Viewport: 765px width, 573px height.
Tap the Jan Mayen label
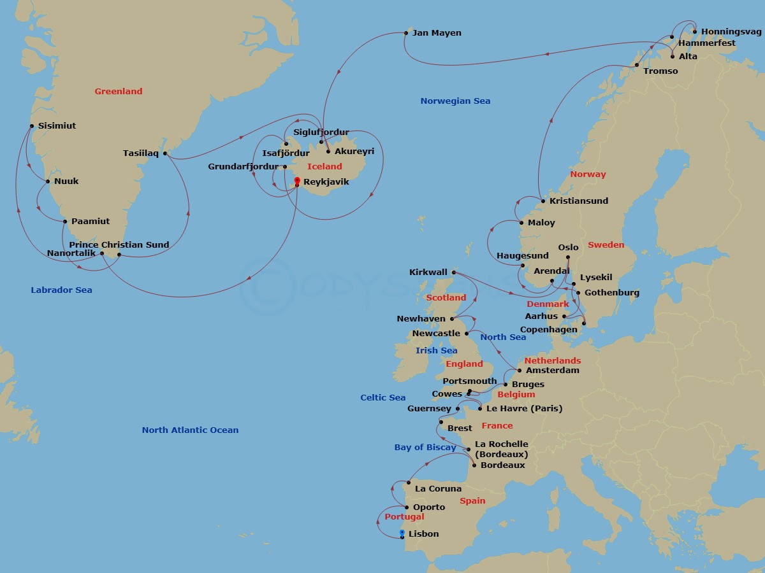click(437, 32)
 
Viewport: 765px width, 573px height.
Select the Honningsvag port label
click(731, 31)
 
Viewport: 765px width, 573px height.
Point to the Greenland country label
click(119, 91)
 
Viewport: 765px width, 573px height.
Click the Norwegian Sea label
click(455, 101)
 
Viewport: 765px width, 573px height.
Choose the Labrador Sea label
click(61, 290)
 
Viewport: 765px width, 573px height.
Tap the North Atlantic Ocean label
click(190, 430)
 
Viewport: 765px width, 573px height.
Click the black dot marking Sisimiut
click(32, 125)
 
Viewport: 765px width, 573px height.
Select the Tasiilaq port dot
click(165, 153)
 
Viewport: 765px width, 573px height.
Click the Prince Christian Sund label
click(119, 244)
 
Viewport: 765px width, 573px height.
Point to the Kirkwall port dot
click(454, 272)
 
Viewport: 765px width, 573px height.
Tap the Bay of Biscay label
click(425, 447)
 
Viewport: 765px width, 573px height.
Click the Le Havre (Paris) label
click(524, 408)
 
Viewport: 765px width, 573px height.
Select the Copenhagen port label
click(548, 329)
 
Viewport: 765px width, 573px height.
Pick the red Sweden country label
click(606, 244)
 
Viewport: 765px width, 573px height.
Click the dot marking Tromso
click(636, 65)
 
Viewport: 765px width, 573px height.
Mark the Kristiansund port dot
click(543, 201)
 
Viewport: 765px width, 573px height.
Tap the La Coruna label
click(438, 489)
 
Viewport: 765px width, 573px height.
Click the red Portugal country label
click(404, 516)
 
